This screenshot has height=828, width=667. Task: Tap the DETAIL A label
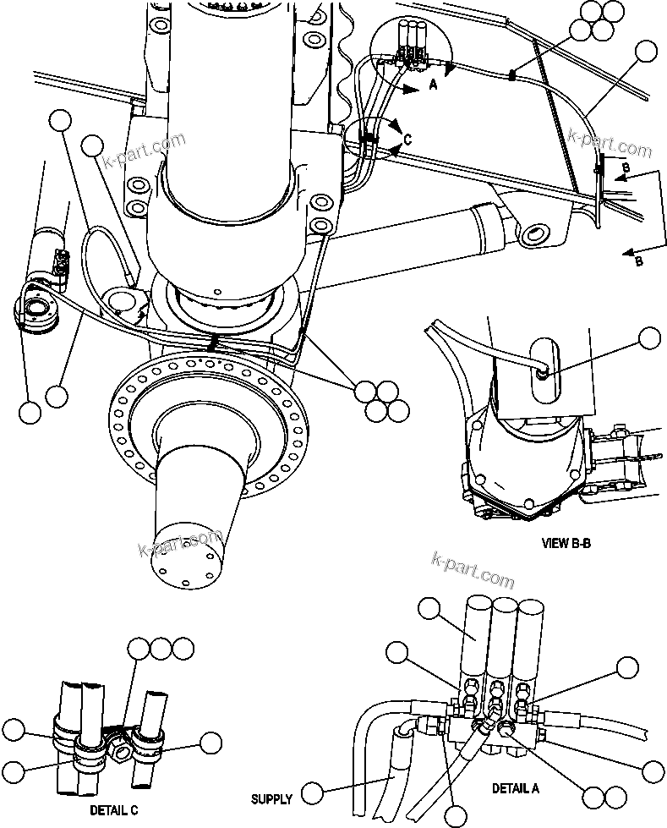tap(516, 787)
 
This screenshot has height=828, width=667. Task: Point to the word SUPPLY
tap(272, 798)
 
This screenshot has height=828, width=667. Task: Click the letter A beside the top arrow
tap(433, 85)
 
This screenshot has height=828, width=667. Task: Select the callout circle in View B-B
tap(649, 339)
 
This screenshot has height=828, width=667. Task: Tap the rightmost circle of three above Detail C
tap(183, 650)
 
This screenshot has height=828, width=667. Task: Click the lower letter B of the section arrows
tap(638, 261)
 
